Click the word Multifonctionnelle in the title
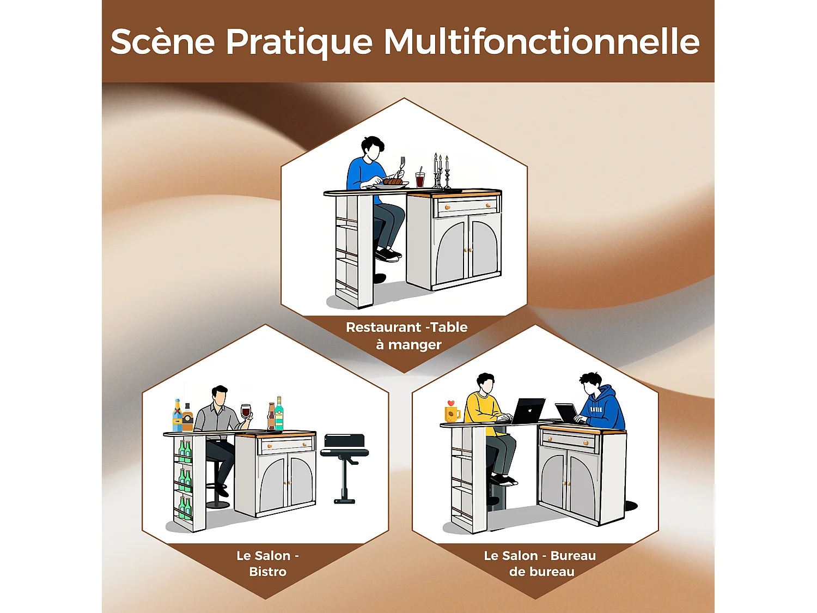(541, 41)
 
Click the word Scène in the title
(162, 41)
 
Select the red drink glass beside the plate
(420, 179)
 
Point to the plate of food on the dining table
(392, 183)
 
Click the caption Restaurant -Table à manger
(407, 336)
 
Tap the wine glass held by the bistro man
(246, 411)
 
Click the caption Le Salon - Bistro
(267, 563)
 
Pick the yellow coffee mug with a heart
(452, 412)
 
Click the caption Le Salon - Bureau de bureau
(540, 563)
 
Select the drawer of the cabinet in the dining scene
(467, 206)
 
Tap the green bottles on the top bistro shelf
(185, 452)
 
